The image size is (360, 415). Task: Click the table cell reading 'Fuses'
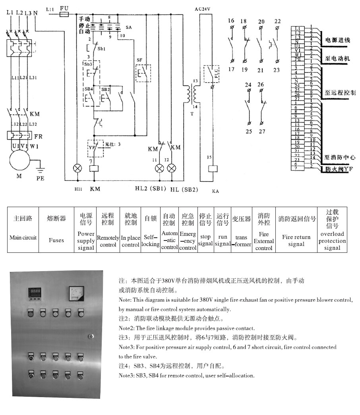[x=56, y=240]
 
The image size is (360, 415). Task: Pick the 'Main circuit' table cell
[x=23, y=238]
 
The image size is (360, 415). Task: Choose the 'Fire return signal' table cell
[x=296, y=240]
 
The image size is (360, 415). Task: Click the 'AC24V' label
[x=204, y=8]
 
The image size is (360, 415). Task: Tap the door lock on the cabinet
[x=91, y=336]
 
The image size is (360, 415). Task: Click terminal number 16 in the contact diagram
[x=231, y=21]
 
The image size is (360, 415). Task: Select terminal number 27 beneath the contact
[x=261, y=131]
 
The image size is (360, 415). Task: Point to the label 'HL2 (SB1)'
[x=151, y=189]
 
